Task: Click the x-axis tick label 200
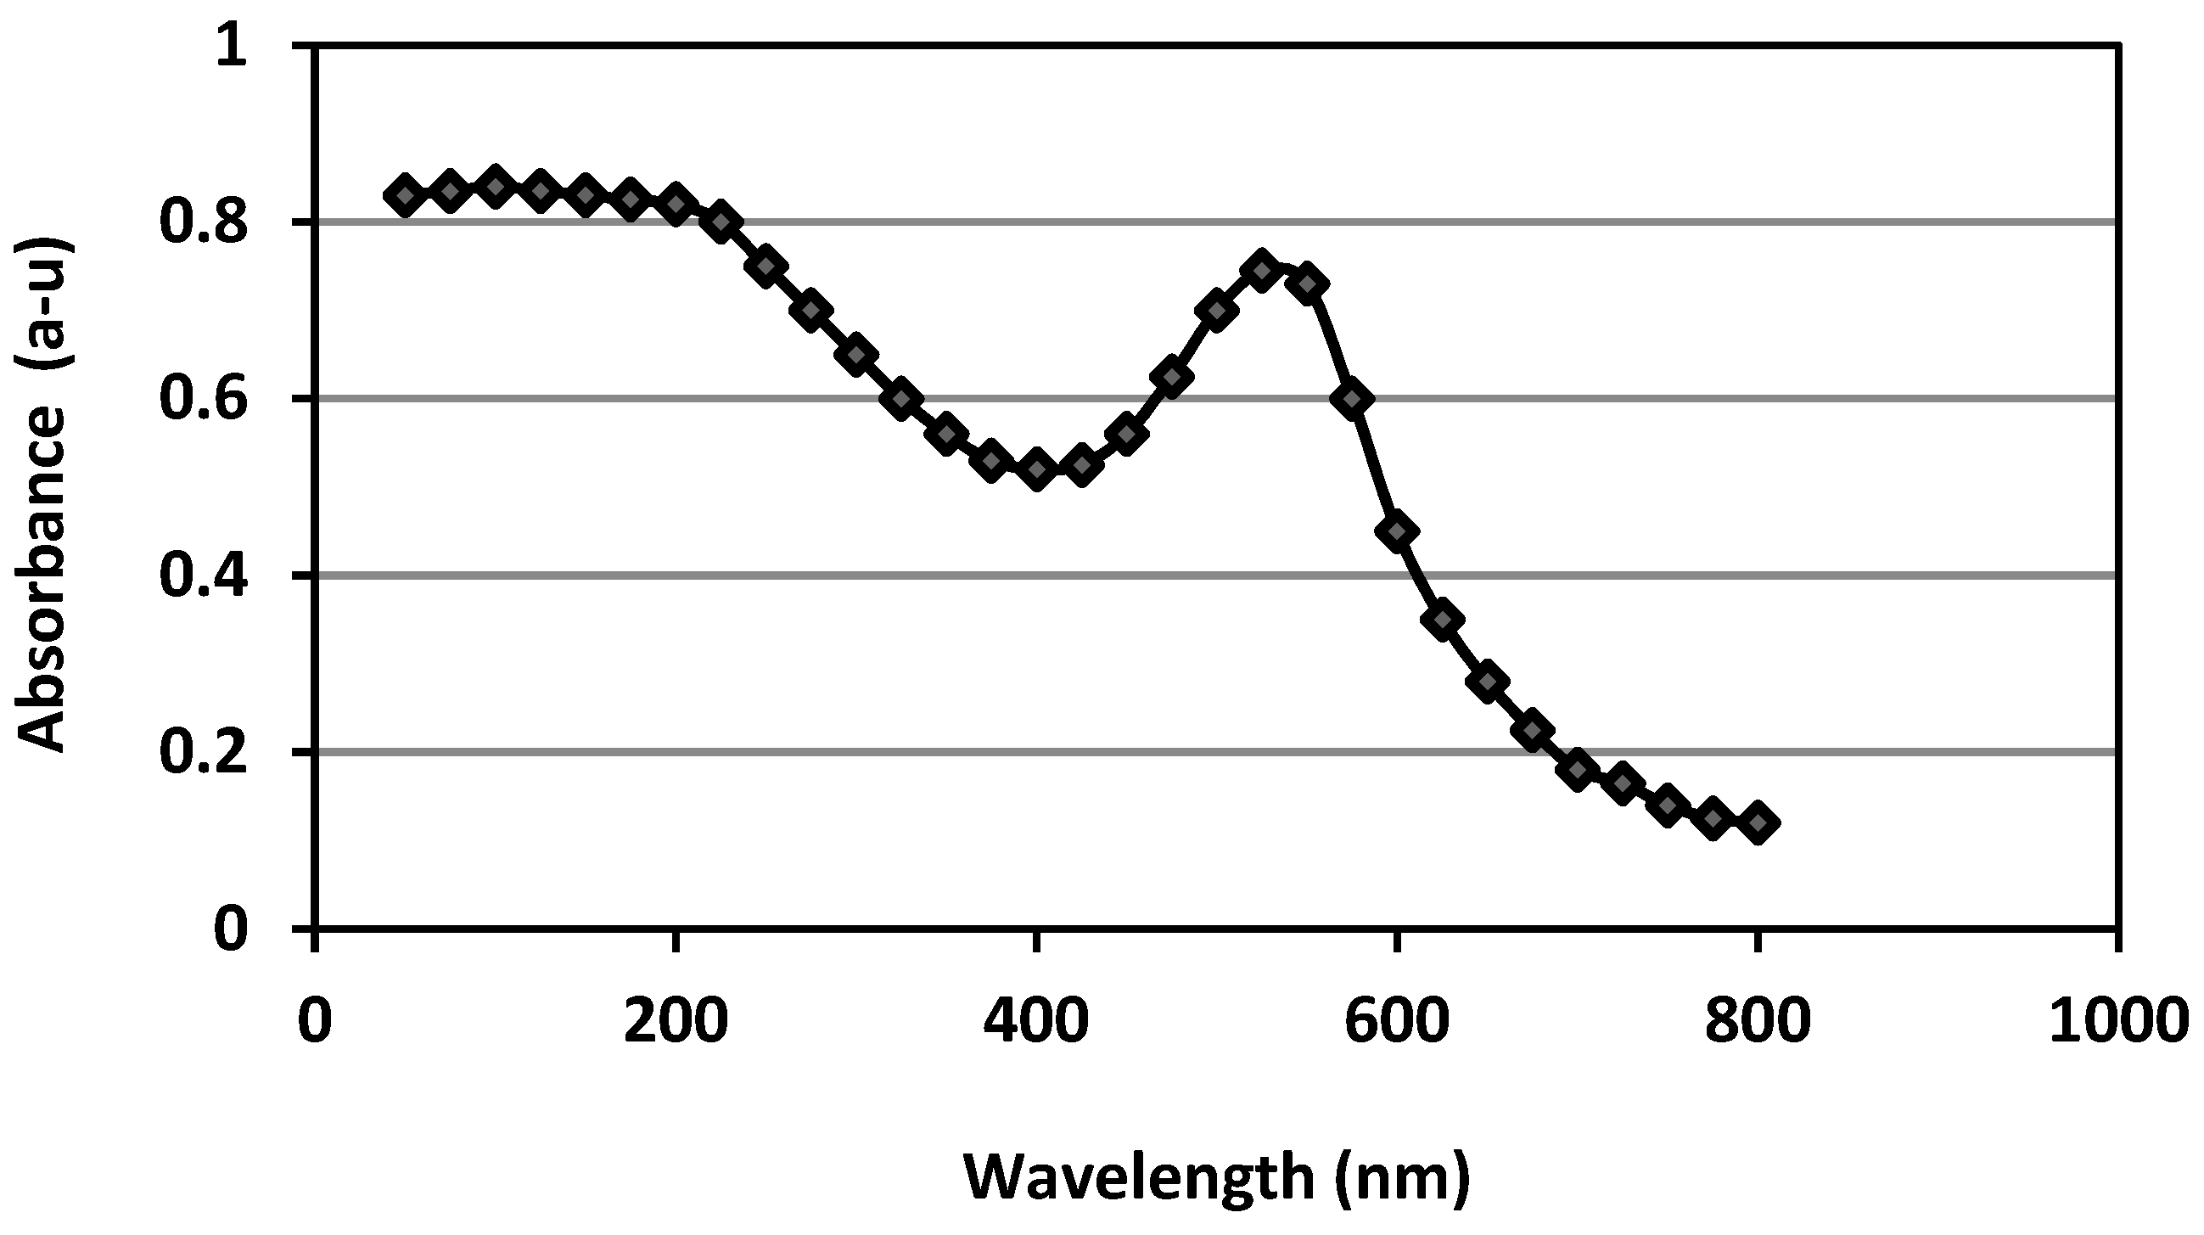676,1021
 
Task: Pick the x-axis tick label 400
1036,1021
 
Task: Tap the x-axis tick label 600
1396,1021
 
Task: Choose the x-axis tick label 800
1757,1021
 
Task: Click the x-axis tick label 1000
2117,1021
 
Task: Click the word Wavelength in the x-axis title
1138,1179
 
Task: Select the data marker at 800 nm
1758,823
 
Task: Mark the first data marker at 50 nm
406,196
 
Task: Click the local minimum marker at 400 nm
1037,469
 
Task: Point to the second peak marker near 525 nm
1261,272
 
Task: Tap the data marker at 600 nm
1397,531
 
